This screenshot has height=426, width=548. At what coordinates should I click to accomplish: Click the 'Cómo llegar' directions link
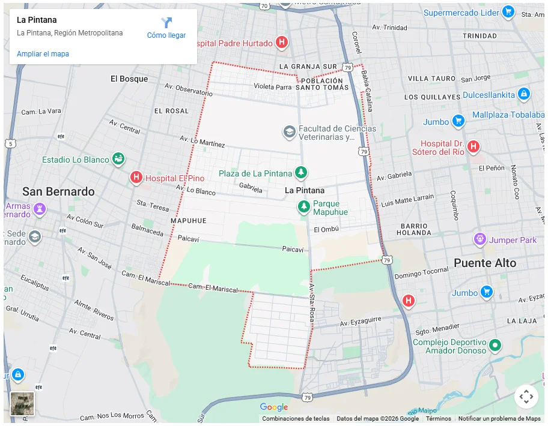pos(166,28)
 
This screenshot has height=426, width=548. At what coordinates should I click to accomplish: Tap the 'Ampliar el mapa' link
pos(43,54)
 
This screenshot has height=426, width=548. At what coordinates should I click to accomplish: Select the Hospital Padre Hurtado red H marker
pos(281,42)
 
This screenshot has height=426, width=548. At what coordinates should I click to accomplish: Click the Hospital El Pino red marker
pos(136,178)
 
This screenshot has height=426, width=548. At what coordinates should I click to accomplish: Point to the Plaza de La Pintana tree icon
pos(301,173)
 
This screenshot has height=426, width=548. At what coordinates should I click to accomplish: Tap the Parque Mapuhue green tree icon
pos(304,207)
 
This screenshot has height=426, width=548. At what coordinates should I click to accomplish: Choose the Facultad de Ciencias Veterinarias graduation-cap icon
pos(290,131)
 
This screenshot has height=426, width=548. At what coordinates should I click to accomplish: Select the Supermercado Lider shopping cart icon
pos(508,12)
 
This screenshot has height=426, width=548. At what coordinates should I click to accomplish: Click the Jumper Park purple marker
pos(479,239)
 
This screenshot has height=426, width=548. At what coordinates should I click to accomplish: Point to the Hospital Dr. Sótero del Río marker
pos(473,146)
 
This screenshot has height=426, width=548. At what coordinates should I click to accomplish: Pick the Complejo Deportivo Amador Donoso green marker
pos(495,345)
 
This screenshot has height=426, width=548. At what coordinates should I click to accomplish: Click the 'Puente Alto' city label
pos(485,263)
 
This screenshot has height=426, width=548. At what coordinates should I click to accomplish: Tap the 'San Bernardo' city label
pos(58,191)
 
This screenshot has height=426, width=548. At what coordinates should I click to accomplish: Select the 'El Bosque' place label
pos(129,79)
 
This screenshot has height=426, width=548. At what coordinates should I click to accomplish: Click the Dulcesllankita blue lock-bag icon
pos(523,94)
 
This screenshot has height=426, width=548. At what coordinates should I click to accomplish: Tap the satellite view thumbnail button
pos(22,403)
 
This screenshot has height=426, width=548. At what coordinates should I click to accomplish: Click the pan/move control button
pos(526,396)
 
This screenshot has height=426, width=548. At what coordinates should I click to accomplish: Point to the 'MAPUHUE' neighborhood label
pos(188,221)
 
